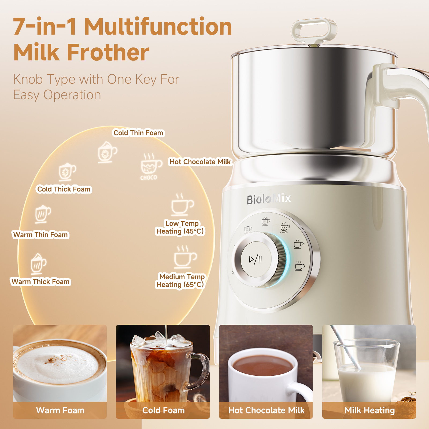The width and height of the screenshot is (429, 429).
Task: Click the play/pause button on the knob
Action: (x=256, y=259)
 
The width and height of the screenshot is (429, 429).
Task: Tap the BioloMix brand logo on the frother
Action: (x=269, y=199)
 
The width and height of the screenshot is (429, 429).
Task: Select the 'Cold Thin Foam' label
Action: (x=138, y=133)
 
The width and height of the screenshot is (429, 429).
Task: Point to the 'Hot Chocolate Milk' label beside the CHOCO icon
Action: (x=200, y=162)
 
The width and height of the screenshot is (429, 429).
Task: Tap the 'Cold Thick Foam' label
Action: (x=64, y=189)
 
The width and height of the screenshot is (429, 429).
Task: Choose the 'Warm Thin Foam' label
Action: (x=40, y=235)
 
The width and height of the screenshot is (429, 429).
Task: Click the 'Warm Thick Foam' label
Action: (x=40, y=282)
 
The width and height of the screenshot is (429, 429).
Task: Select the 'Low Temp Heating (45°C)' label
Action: (x=180, y=227)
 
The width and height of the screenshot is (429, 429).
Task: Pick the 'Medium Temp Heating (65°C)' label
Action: (x=180, y=281)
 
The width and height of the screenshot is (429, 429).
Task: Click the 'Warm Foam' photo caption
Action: (x=60, y=410)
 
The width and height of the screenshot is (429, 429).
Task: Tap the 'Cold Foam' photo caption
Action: (x=163, y=410)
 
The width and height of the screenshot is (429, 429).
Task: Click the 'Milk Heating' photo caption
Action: (x=369, y=410)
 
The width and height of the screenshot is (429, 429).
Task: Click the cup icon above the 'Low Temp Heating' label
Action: (x=182, y=204)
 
